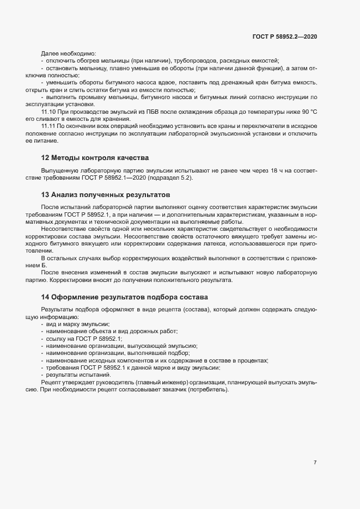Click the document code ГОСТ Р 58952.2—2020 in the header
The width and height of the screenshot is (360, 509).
[285, 37]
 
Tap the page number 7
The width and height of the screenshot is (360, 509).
[315, 463]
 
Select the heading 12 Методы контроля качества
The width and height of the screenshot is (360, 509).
[95, 158]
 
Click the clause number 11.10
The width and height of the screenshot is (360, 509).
[49, 111]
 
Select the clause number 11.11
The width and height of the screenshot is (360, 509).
[49, 126]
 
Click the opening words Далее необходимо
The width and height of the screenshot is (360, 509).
[68, 53]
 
